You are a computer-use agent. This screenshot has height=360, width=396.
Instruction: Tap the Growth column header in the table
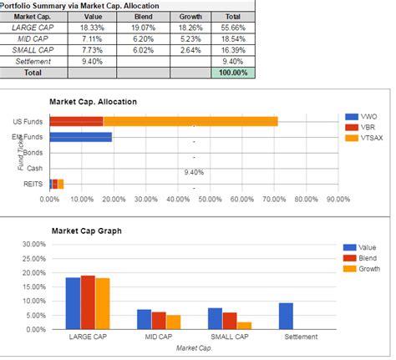[x=190, y=17]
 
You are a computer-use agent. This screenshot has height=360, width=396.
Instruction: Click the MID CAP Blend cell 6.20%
[x=143, y=39]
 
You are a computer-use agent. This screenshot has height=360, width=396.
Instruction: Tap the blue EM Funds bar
[x=81, y=137]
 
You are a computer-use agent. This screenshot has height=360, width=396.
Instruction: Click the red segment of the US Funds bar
[x=76, y=121]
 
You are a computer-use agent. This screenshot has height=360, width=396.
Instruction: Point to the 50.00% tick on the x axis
[x=210, y=200]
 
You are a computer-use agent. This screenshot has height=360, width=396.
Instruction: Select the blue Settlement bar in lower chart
[x=286, y=316]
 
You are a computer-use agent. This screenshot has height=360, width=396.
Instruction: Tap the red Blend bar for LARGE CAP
[x=88, y=302]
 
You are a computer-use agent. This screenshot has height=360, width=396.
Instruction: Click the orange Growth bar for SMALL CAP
[x=244, y=325]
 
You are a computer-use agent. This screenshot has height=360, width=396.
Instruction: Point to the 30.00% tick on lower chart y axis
[x=32, y=244]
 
